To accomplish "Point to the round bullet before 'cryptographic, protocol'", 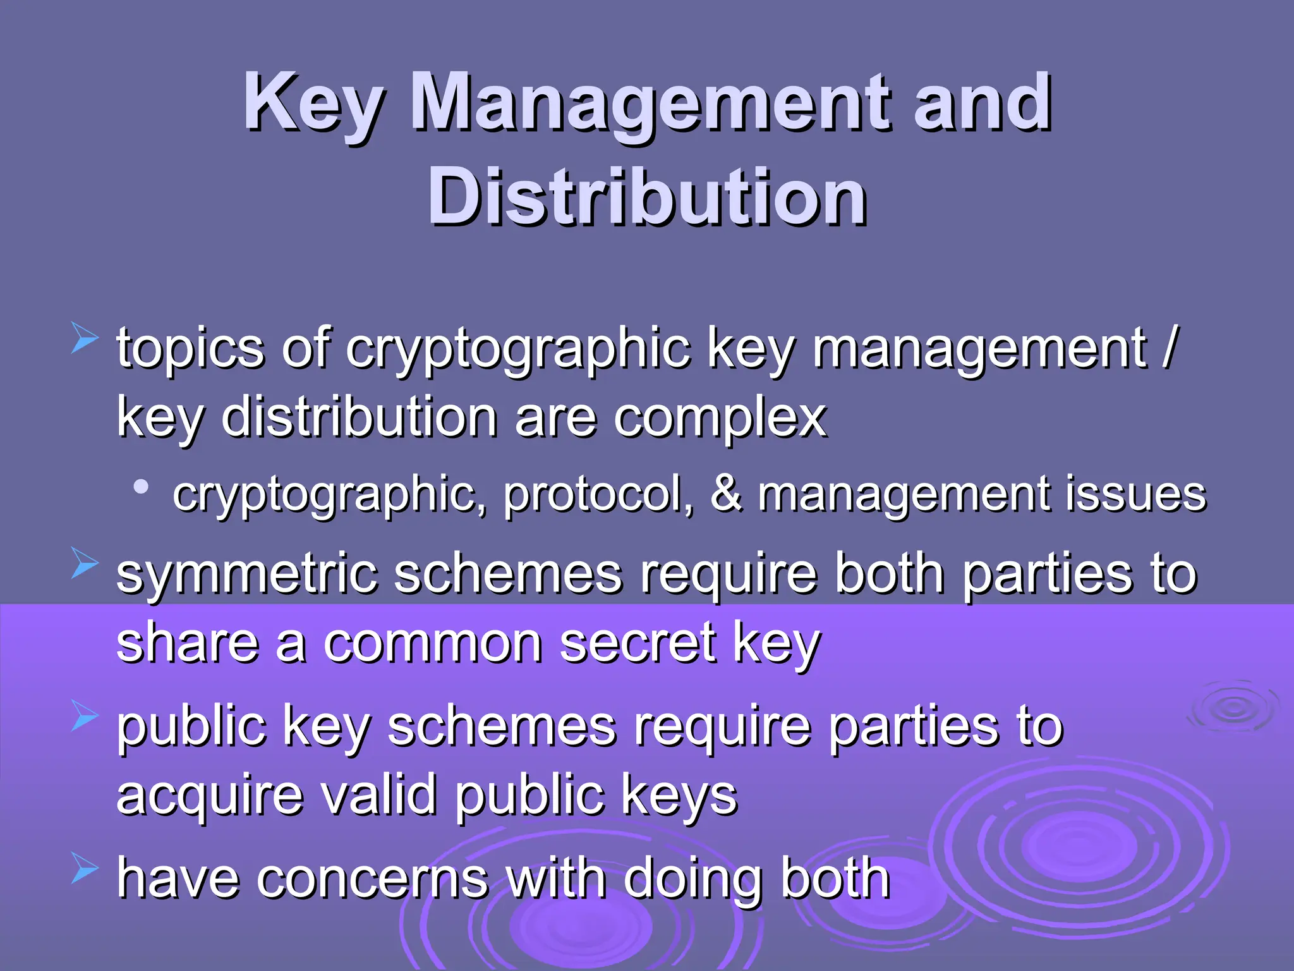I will tap(141, 487).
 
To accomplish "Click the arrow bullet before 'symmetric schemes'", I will tap(84, 563).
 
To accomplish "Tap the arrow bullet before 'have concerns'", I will tap(84, 867).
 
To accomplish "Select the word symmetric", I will tap(246, 574).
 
